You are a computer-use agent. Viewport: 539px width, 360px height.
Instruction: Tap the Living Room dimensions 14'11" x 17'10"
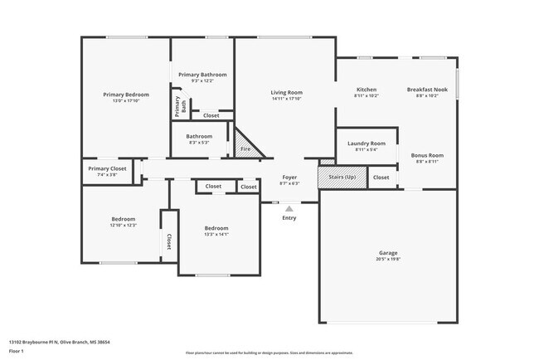coord(287,99)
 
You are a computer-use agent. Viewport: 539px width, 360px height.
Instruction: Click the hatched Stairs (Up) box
coord(342,177)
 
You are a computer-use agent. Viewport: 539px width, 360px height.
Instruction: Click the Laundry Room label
coord(366,143)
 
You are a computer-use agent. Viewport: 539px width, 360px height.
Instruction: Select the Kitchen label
coord(367,89)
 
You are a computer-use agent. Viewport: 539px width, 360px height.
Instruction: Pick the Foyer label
coord(290,177)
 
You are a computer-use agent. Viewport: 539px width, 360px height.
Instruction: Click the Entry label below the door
coord(289,217)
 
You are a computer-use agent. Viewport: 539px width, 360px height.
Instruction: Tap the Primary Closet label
coord(107,168)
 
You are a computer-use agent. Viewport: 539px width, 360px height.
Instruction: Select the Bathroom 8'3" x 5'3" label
coord(199,136)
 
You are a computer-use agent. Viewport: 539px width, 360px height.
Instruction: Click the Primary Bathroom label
coord(202,75)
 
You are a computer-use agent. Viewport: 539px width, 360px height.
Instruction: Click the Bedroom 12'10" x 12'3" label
coord(123,219)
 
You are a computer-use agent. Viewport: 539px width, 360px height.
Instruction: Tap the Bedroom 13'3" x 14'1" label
coord(216,228)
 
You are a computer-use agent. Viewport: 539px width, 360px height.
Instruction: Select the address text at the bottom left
coord(60,342)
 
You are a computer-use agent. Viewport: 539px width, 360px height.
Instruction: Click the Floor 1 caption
coord(17,352)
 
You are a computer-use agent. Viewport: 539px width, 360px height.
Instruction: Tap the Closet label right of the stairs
coord(381,178)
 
